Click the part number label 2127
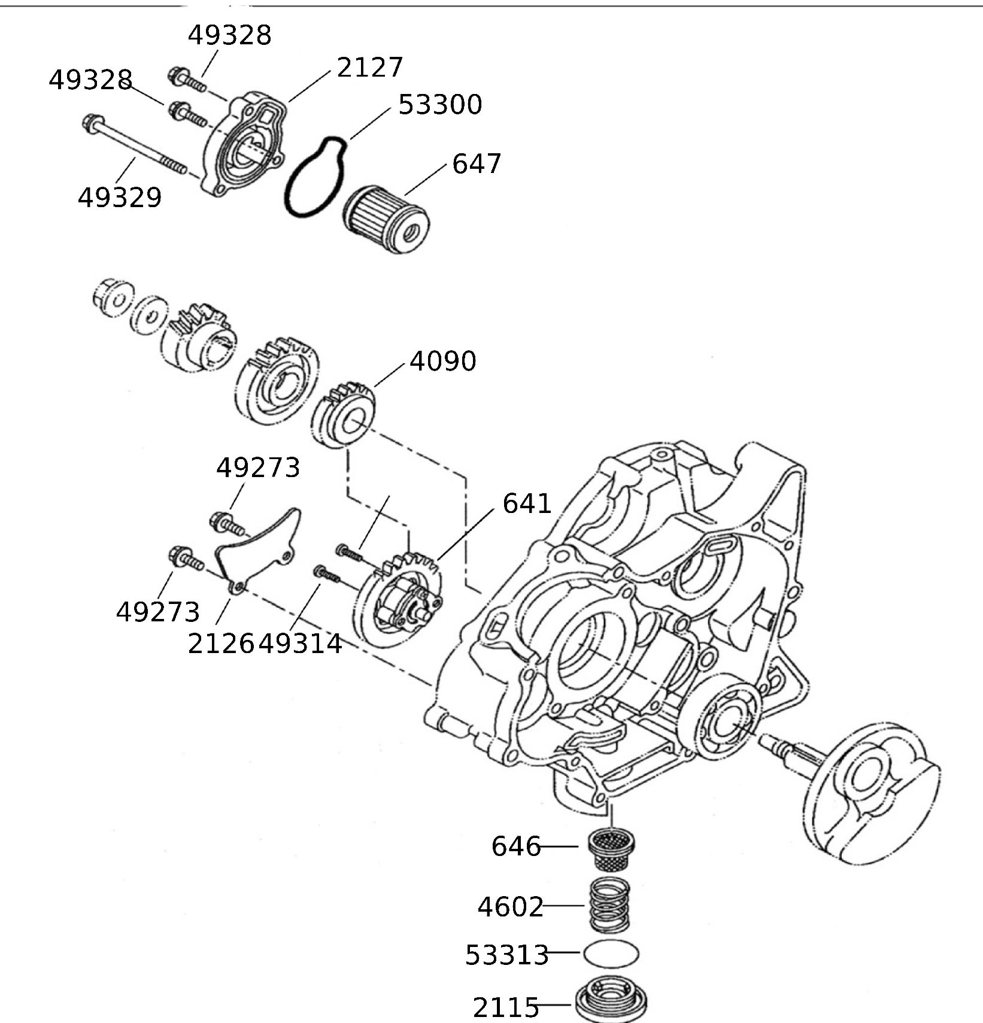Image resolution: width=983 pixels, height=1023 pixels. click(370, 67)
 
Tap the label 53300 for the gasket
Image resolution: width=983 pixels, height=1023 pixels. click(440, 105)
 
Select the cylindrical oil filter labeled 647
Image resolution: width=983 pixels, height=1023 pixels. click(388, 218)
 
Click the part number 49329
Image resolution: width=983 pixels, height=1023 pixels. click(120, 198)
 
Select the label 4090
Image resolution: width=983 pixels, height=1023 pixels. click(443, 362)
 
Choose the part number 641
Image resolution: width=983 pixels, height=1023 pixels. click(527, 504)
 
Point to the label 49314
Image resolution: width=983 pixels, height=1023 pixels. click(301, 644)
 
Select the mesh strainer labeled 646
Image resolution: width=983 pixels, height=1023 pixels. click(611, 849)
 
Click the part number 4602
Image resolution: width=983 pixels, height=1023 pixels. click(510, 907)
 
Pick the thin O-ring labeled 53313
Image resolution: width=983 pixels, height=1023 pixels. click(611, 953)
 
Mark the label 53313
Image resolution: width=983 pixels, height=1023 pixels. click(507, 955)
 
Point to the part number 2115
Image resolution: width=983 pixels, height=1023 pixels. click(506, 1008)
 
